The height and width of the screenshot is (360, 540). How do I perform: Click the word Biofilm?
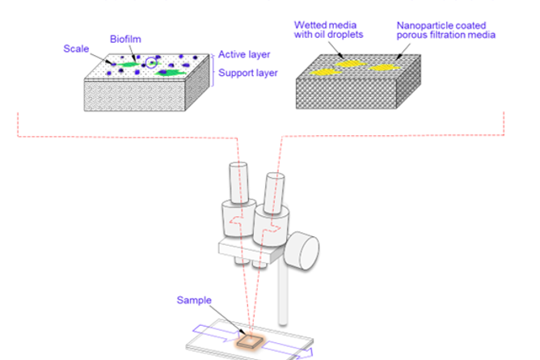click(125, 39)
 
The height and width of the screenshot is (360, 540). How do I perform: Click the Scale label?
click(76, 49)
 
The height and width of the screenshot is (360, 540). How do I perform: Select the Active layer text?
click(243, 55)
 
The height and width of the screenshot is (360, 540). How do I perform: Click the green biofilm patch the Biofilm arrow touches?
click(129, 64)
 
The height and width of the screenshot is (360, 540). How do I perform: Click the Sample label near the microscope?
click(194, 301)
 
